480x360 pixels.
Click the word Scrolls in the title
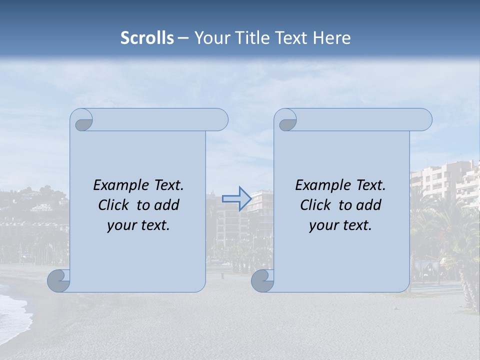pyautogui.click(x=147, y=38)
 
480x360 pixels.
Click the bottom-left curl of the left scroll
pyautogui.click(x=59, y=281)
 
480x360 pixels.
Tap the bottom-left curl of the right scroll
pyautogui.click(x=262, y=281)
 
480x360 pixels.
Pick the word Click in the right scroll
pyautogui.click(x=315, y=205)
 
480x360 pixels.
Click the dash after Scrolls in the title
pyautogui.click(x=183, y=38)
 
